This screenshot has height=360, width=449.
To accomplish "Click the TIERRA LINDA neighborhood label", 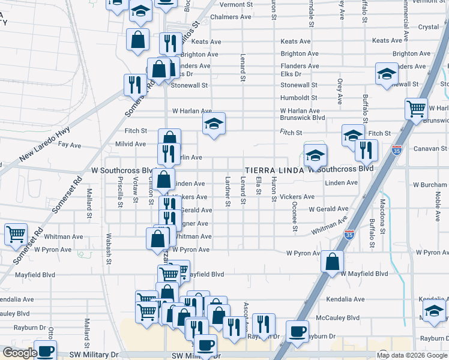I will point(273,170).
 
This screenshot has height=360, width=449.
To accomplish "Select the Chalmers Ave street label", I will point(231,17).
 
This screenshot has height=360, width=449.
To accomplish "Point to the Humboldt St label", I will point(299,98).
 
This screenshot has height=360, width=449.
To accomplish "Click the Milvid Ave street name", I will point(131,144).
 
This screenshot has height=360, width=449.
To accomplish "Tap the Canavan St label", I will point(431,148).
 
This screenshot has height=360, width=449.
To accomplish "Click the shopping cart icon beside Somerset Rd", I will point(16,235).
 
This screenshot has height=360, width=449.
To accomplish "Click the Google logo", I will point(20,353).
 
